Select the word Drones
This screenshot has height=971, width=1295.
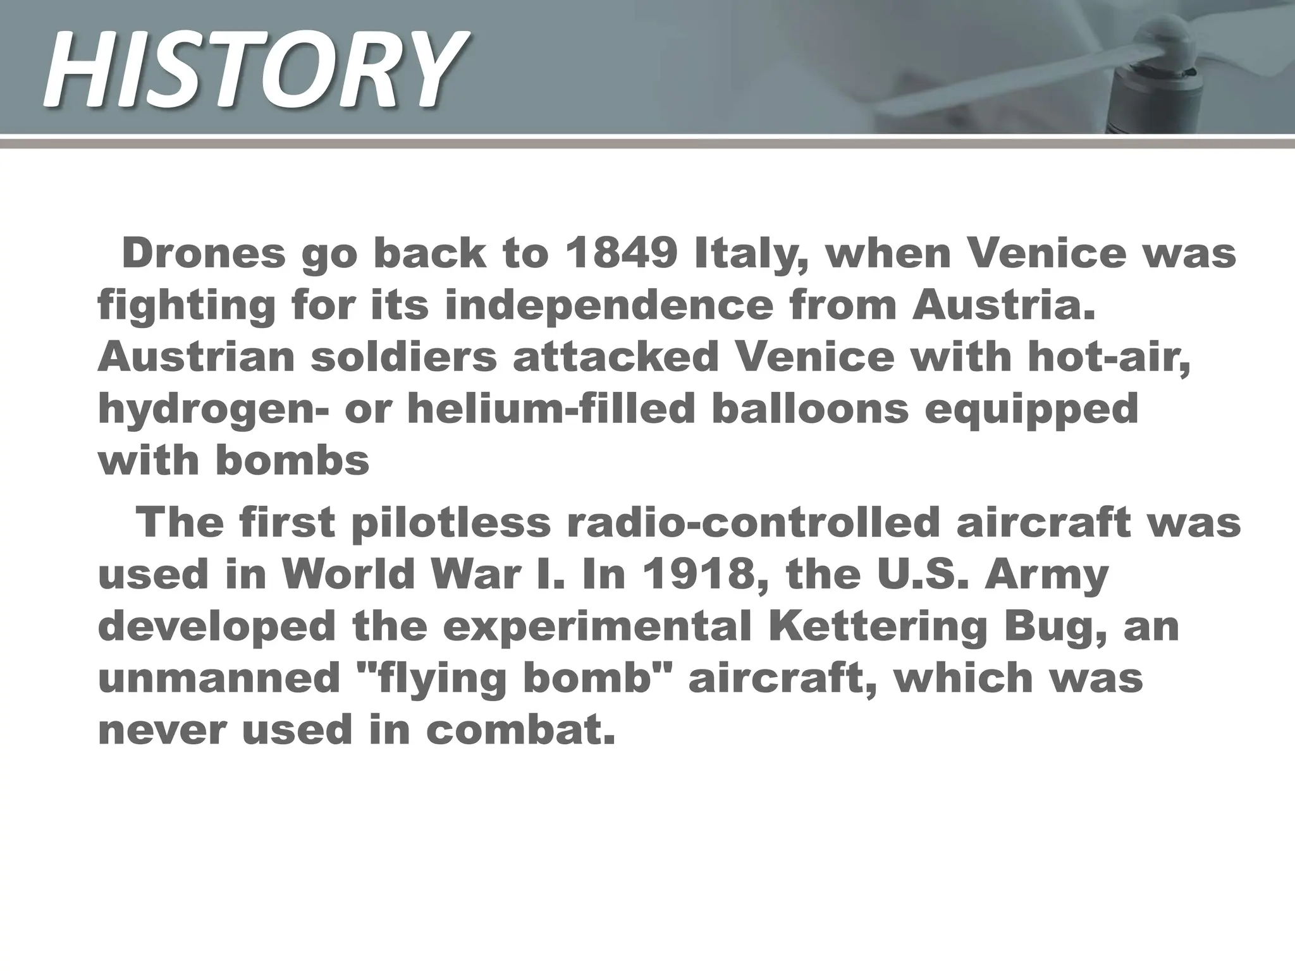coord(204,253)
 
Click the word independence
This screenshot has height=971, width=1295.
coord(609,305)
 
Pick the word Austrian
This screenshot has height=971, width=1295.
coord(197,357)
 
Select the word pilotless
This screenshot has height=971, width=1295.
coord(451,523)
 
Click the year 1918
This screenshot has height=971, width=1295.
coord(693,575)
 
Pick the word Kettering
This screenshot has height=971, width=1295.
coord(878,627)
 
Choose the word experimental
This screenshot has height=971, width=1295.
coord(597,628)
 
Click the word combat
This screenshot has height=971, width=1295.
coord(520,731)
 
